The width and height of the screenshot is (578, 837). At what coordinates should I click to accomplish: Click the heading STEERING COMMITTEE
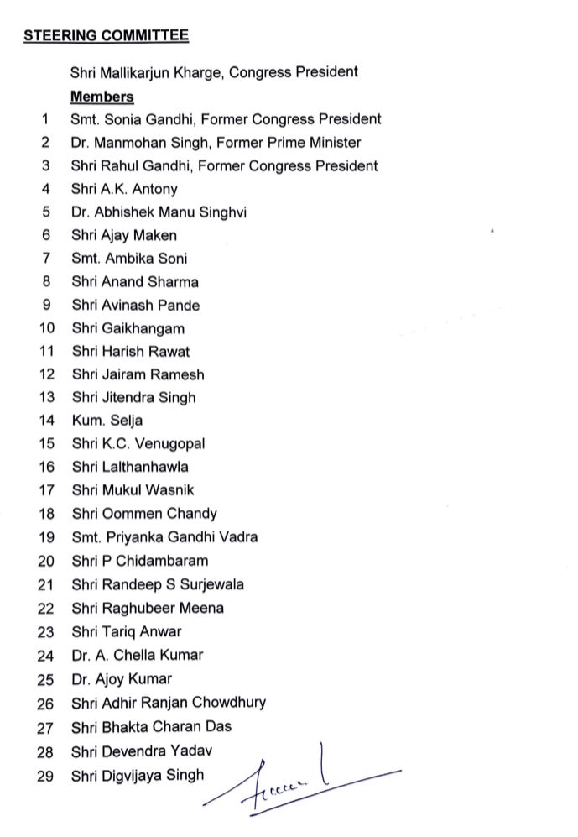(x=106, y=35)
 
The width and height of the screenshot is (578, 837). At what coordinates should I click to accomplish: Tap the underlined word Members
(x=102, y=97)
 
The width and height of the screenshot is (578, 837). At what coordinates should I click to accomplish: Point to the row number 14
(x=46, y=421)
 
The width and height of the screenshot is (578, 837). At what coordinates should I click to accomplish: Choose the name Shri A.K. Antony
(x=124, y=190)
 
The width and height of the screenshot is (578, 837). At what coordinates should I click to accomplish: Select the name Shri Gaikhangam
(x=128, y=328)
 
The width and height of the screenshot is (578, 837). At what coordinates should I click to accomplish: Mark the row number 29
(x=46, y=776)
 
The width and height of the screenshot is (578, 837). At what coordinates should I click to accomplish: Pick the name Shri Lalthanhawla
(x=130, y=467)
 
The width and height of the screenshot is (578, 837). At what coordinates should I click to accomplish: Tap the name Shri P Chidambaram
(x=139, y=561)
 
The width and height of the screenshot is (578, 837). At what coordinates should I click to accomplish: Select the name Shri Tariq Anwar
(x=126, y=631)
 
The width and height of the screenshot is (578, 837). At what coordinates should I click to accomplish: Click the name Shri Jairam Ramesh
(x=138, y=374)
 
